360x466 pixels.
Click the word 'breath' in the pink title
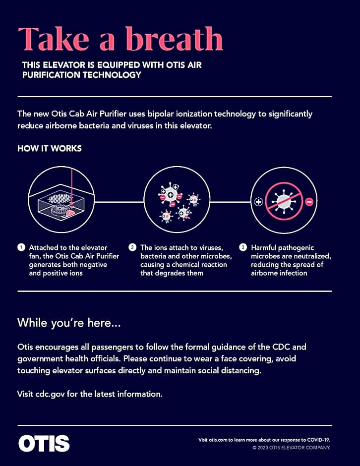pyautogui.click(x=174, y=39)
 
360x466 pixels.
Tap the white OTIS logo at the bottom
pyautogui.click(x=44, y=443)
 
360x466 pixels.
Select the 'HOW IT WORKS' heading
pyautogui.click(x=50, y=149)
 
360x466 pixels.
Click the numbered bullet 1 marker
pyautogui.click(x=21, y=247)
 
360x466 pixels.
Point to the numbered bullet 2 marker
pyautogui.click(x=132, y=247)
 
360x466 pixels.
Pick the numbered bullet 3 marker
pyautogui.click(x=243, y=247)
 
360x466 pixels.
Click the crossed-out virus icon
pyautogui.click(x=284, y=201)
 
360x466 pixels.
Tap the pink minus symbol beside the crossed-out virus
pyautogui.click(x=309, y=202)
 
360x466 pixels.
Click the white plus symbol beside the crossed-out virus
pyautogui.click(x=259, y=202)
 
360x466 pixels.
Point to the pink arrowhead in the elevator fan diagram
pyautogui.click(x=71, y=206)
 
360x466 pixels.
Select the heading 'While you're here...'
pyautogui.click(x=69, y=323)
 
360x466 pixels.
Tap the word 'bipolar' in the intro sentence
pyautogui.click(x=161, y=114)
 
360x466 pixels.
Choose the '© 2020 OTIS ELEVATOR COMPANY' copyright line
pyautogui.click(x=292, y=448)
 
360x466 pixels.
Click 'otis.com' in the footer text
pyautogui.click(x=218, y=440)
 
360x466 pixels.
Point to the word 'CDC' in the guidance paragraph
pyautogui.click(x=281, y=347)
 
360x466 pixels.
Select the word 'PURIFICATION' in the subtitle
pyautogui.click(x=51, y=75)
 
